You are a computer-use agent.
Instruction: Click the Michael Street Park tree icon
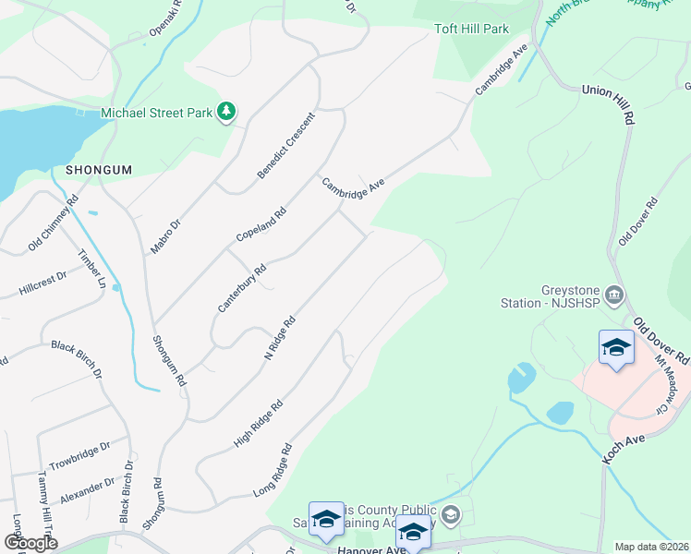click(x=226, y=113)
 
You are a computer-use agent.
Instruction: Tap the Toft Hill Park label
click(x=471, y=29)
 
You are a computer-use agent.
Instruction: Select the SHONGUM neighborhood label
click(x=99, y=170)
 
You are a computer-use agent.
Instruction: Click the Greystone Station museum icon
click(x=616, y=295)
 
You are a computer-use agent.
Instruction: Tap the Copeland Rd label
click(x=261, y=224)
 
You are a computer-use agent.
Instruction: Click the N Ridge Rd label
click(x=279, y=339)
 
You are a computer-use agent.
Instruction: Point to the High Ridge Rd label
click(x=259, y=423)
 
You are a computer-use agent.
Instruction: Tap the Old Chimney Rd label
click(x=53, y=223)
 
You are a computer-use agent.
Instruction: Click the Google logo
click(x=30, y=543)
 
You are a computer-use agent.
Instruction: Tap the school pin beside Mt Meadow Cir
click(x=616, y=349)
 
